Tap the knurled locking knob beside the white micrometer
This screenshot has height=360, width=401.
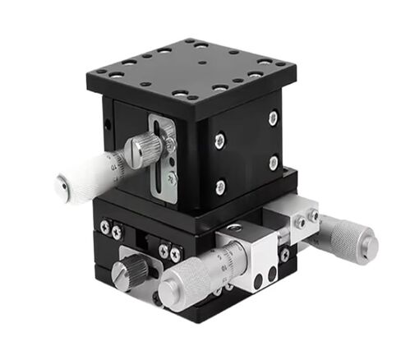[x=146, y=150]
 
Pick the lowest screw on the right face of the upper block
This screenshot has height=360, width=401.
[x=220, y=187]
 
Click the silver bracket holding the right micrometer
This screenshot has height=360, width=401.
[x=300, y=220]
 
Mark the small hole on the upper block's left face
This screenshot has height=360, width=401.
[x=108, y=127]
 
